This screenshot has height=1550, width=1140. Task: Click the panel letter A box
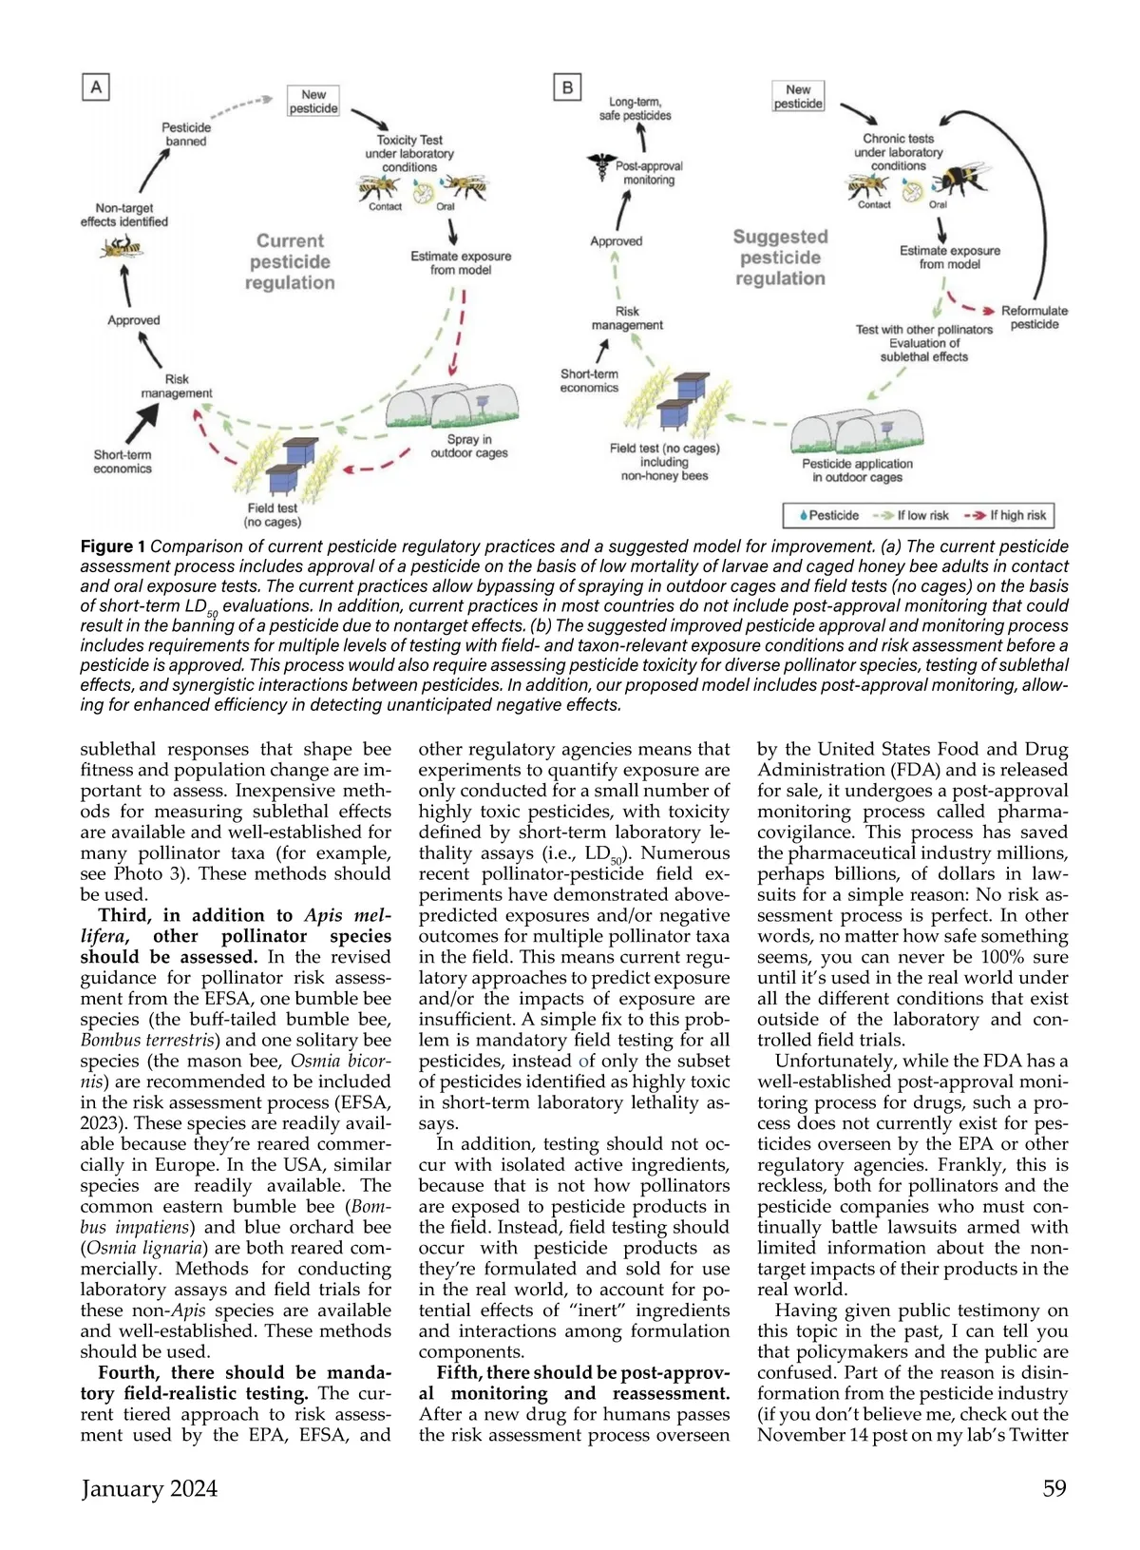(96, 87)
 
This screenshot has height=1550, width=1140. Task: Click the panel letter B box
(567, 87)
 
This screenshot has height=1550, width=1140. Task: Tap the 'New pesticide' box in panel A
(313, 102)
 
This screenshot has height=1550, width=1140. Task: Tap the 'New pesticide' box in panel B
(798, 97)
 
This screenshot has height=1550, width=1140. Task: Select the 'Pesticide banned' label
(186, 134)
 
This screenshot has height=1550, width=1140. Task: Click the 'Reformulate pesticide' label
(1034, 317)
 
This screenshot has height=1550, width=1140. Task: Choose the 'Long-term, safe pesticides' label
(635, 108)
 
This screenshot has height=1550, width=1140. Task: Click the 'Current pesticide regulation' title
(290, 261)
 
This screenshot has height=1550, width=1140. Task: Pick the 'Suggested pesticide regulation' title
(780, 258)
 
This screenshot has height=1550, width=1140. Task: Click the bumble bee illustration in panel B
(961, 179)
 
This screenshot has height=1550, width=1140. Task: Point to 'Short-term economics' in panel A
(123, 461)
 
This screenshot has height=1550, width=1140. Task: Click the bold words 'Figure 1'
(112, 546)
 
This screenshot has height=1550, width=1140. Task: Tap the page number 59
(1054, 1488)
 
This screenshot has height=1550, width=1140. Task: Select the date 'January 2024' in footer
(149, 1488)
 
